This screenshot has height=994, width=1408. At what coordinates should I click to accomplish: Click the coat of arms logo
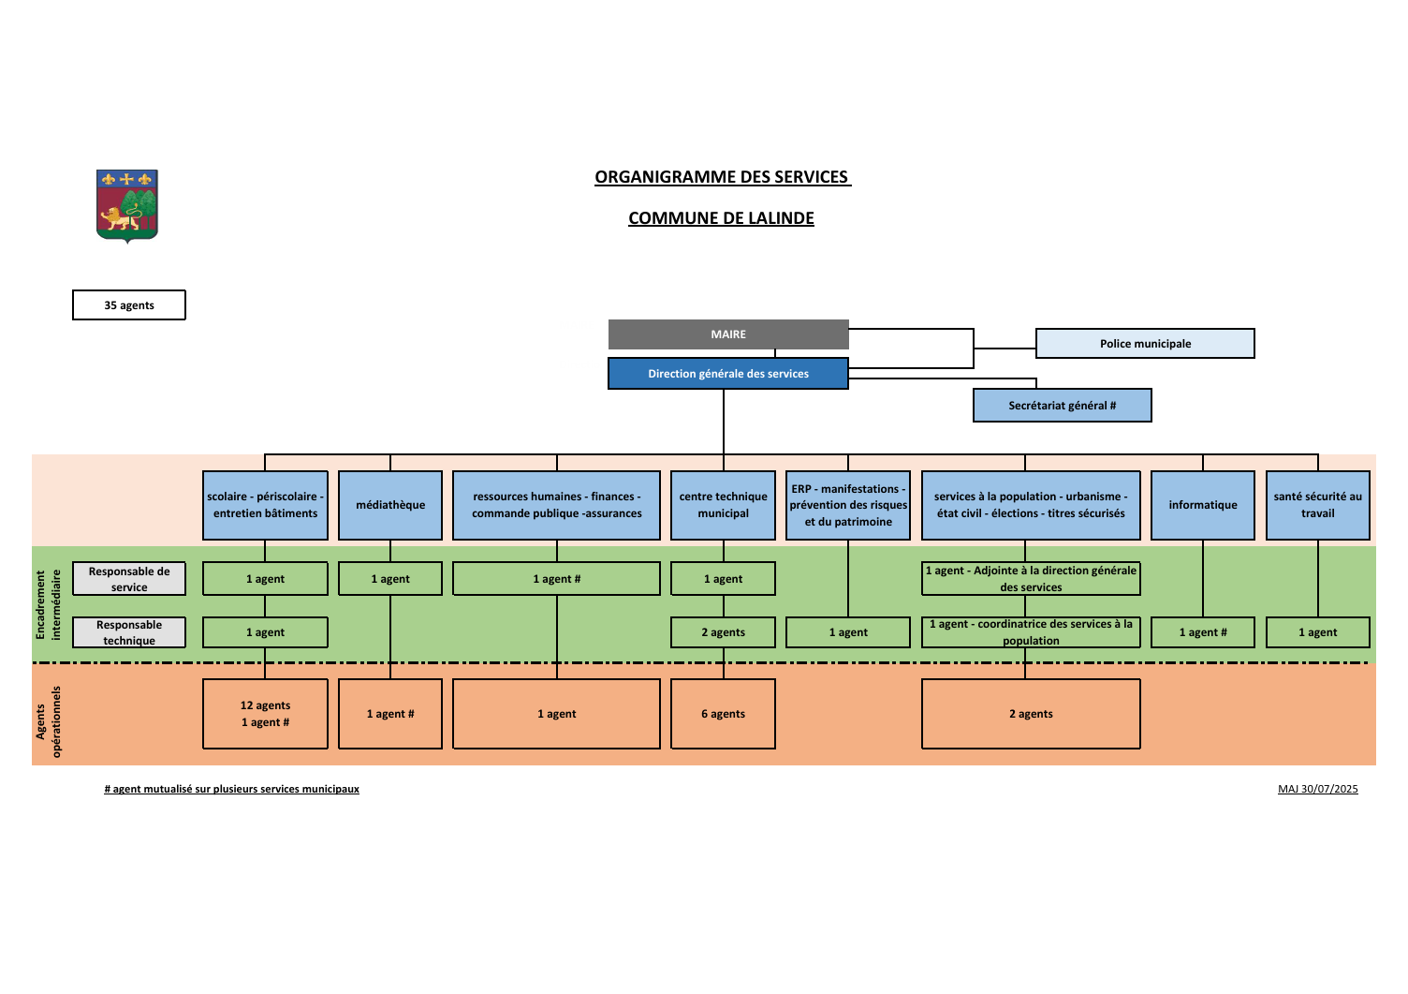pos(127,206)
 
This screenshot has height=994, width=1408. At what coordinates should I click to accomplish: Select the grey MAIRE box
pos(728,334)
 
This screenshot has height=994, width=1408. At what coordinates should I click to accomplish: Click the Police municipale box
pos(1145,344)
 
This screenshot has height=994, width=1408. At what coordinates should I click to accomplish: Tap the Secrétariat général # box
pos(1063,405)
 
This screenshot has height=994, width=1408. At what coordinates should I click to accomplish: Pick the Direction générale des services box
pos(728,373)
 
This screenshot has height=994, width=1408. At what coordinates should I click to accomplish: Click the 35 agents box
pos(129,305)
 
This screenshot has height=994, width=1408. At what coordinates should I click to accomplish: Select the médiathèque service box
pos(390,505)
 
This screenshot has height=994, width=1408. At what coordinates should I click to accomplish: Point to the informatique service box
pos(1202,505)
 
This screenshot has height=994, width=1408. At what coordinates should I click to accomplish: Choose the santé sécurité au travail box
pos(1317,505)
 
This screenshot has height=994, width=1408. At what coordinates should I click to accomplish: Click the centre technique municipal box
pos(723,505)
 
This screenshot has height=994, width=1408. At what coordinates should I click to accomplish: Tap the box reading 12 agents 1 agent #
pos(265,714)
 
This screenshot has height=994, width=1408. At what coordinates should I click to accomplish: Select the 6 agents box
pos(723,714)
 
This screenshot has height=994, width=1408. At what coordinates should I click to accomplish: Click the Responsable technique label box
pos(129,632)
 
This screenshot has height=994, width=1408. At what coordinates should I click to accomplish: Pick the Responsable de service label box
pos(129,579)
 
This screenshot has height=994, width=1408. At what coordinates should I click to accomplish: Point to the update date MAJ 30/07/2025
pos(1317,789)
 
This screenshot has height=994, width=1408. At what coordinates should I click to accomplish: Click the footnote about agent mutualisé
pos(231,789)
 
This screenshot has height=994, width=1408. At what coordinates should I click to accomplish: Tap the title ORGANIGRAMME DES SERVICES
pos(723,177)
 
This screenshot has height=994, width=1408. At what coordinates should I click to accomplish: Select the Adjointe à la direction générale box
pos(1031,579)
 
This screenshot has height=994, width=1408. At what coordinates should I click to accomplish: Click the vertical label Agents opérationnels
pos(49,721)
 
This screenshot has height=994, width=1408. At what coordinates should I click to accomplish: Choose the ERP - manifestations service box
pos(848,505)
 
